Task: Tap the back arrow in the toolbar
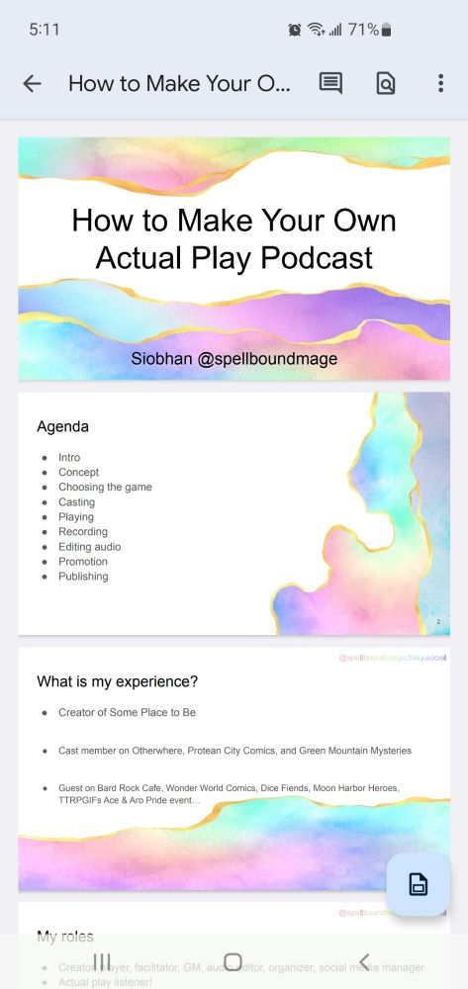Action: [32, 84]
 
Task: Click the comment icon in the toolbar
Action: [330, 84]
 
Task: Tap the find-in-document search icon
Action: [386, 84]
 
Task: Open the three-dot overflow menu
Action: [440, 84]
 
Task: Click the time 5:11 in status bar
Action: [45, 30]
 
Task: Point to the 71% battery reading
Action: [363, 30]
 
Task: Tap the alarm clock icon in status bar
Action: [295, 30]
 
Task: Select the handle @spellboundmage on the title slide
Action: [267, 359]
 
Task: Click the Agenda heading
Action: [62, 427]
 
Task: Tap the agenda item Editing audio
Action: [89, 547]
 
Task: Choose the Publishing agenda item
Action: [83, 577]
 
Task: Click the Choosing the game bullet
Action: [105, 488]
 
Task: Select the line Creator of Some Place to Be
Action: [134, 712]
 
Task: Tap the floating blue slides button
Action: [418, 884]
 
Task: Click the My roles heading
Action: [65, 936]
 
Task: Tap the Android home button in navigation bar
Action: [234, 961]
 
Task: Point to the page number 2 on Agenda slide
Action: [437, 621]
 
